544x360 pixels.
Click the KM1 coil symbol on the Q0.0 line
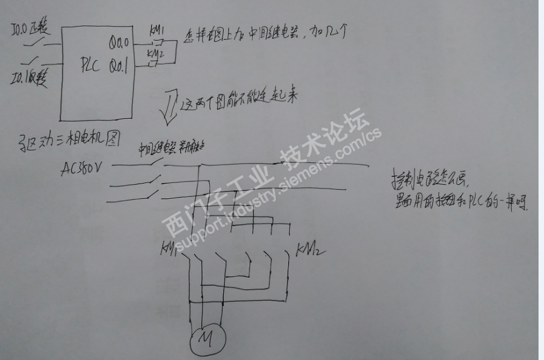[x=156, y=42]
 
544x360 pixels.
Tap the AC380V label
[x=84, y=167]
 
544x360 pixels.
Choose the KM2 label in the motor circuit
[x=307, y=249]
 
